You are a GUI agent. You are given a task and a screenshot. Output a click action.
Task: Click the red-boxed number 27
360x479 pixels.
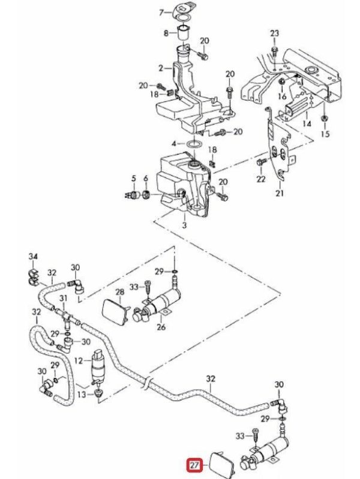click(194, 465)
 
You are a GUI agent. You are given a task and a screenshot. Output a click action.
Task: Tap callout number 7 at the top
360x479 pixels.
click(161, 11)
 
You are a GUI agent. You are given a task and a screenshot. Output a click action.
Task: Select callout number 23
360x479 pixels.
click(275, 32)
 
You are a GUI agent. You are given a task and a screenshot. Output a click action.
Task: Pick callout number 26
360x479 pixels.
click(161, 327)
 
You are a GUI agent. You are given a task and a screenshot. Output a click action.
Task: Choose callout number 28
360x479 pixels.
click(119, 291)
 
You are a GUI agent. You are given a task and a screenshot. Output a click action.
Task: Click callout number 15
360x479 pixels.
click(325, 134)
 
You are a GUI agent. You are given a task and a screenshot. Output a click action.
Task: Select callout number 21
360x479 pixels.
click(279, 193)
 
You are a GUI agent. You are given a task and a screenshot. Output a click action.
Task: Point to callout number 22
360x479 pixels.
click(261, 179)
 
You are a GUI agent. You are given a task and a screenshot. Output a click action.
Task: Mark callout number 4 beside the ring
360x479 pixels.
click(174, 144)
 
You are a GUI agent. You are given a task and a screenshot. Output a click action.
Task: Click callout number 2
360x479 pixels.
click(161, 67)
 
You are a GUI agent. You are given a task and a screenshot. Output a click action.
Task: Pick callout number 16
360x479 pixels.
click(283, 96)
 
